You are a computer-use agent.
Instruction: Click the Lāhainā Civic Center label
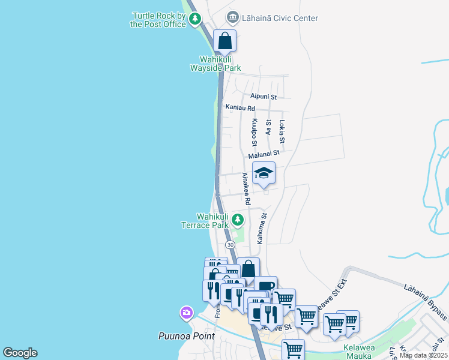(280, 18)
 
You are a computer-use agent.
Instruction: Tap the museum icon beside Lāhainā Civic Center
(232, 17)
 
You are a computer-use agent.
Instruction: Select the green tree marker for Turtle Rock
(195, 20)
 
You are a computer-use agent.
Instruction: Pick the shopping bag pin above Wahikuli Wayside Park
(225, 41)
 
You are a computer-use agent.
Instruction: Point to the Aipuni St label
(264, 96)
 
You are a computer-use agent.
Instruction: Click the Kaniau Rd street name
(240, 108)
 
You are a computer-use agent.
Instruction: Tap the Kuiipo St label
(255, 133)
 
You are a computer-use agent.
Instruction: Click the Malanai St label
(264, 155)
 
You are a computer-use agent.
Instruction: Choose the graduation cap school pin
(264, 174)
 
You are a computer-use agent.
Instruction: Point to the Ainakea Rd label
(246, 188)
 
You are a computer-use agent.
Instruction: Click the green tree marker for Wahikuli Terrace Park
(238, 220)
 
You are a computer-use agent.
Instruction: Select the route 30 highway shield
(230, 245)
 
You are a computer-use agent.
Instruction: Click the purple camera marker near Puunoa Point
(187, 313)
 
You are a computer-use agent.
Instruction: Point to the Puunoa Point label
(186, 336)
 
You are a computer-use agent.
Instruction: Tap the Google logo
(20, 353)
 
